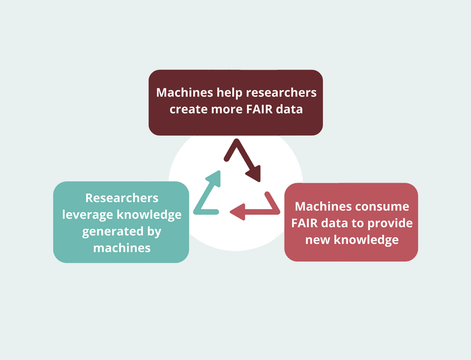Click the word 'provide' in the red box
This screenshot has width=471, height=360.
[389, 223]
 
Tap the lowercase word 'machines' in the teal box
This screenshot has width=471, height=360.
[121, 248]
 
